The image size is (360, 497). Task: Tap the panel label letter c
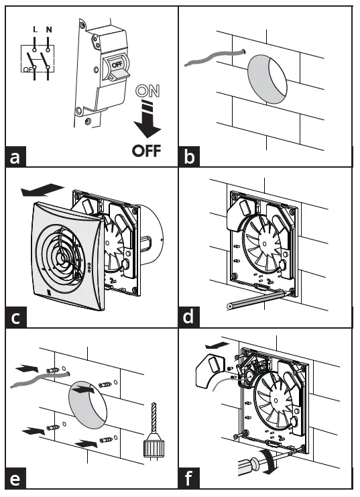[x=15, y=317]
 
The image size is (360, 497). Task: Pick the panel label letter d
[x=190, y=317]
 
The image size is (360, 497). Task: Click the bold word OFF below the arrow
[x=147, y=150]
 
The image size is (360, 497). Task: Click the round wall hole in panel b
[x=268, y=79]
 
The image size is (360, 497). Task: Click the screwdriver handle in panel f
[x=248, y=462]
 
